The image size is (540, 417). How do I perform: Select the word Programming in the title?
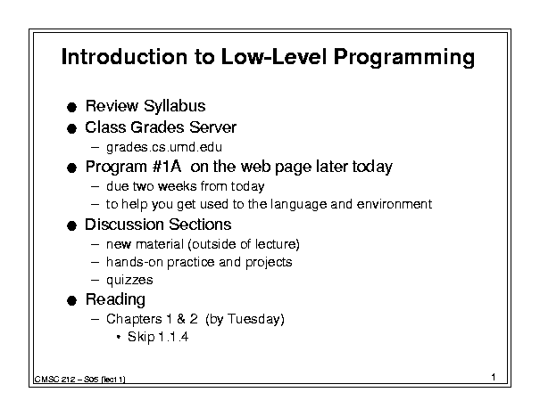[404, 57]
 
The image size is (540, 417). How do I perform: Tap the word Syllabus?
[175, 106]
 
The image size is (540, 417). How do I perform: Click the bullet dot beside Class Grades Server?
[71, 129]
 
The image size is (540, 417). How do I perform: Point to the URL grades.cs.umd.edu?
[164, 148]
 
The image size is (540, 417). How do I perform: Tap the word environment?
[395, 204]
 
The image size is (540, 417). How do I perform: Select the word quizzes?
[129, 281]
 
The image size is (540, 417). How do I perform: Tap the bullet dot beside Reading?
[71, 301]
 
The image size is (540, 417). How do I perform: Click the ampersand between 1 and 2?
[181, 319]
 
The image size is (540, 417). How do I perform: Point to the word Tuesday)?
[256, 319]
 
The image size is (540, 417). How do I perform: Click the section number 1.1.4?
[173, 337]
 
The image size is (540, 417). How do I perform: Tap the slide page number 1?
[494, 377]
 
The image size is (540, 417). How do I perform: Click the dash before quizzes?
[95, 280]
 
